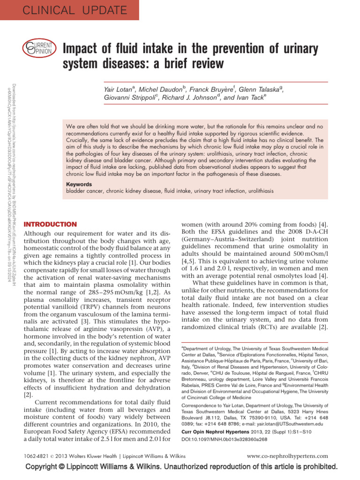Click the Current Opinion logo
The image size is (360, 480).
click(39, 47)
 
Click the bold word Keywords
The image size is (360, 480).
click(79, 184)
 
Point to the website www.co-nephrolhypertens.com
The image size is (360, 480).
click(287, 456)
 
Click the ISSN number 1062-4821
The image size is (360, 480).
click(37, 456)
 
